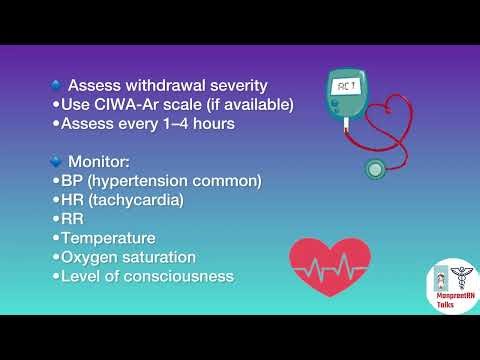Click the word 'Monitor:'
(103, 161)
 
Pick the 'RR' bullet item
(73, 219)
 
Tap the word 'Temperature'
(108, 238)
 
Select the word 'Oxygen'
(90, 257)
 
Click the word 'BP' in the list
(73, 180)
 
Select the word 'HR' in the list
(73, 199)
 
